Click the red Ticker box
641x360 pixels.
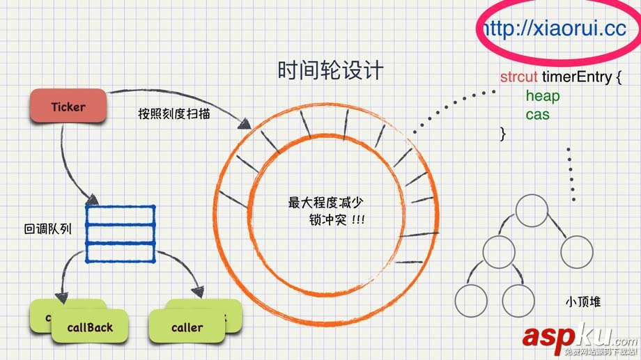(x=68, y=107)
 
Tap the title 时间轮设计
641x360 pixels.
(x=330, y=71)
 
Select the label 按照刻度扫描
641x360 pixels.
(x=174, y=114)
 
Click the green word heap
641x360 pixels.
(x=542, y=95)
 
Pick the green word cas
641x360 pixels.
(x=537, y=114)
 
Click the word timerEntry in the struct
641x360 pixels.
(x=577, y=77)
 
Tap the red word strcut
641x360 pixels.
(x=518, y=77)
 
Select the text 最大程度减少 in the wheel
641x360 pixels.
(x=326, y=203)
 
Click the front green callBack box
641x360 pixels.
(x=89, y=327)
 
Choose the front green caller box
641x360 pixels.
(x=187, y=327)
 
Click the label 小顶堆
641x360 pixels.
(x=583, y=302)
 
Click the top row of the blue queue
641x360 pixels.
(x=120, y=215)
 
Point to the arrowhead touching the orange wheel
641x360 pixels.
(x=246, y=125)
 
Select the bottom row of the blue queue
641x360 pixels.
(x=120, y=253)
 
